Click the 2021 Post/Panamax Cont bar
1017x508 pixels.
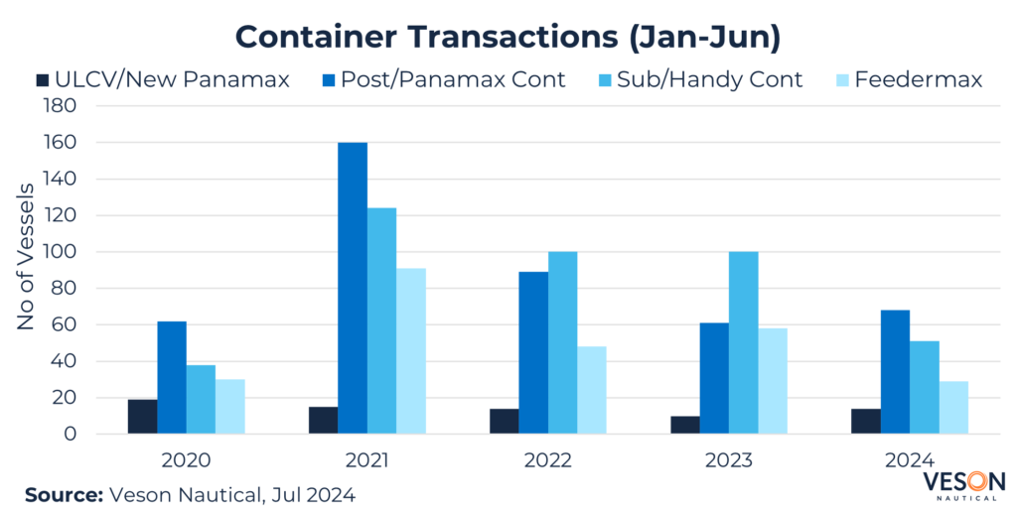pyautogui.click(x=353, y=288)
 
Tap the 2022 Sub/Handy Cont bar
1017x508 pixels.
pyautogui.click(x=563, y=342)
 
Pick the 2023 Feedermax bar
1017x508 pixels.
pyautogui.click(x=773, y=381)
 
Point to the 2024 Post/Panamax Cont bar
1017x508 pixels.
pyautogui.click(x=895, y=372)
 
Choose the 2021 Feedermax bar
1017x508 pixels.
pyautogui.click(x=411, y=351)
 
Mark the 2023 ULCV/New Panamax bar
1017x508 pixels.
pyautogui.click(x=684, y=425)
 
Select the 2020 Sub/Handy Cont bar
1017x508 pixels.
pyautogui.click(x=201, y=399)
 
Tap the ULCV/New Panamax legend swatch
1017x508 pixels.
pyautogui.click(x=42, y=79)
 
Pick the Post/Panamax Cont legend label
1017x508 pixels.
pyautogui.click(x=453, y=79)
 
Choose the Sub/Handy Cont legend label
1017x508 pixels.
pyautogui.click(x=709, y=79)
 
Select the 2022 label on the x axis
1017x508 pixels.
pyautogui.click(x=548, y=460)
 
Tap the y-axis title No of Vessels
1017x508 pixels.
pyautogui.click(x=28, y=257)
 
